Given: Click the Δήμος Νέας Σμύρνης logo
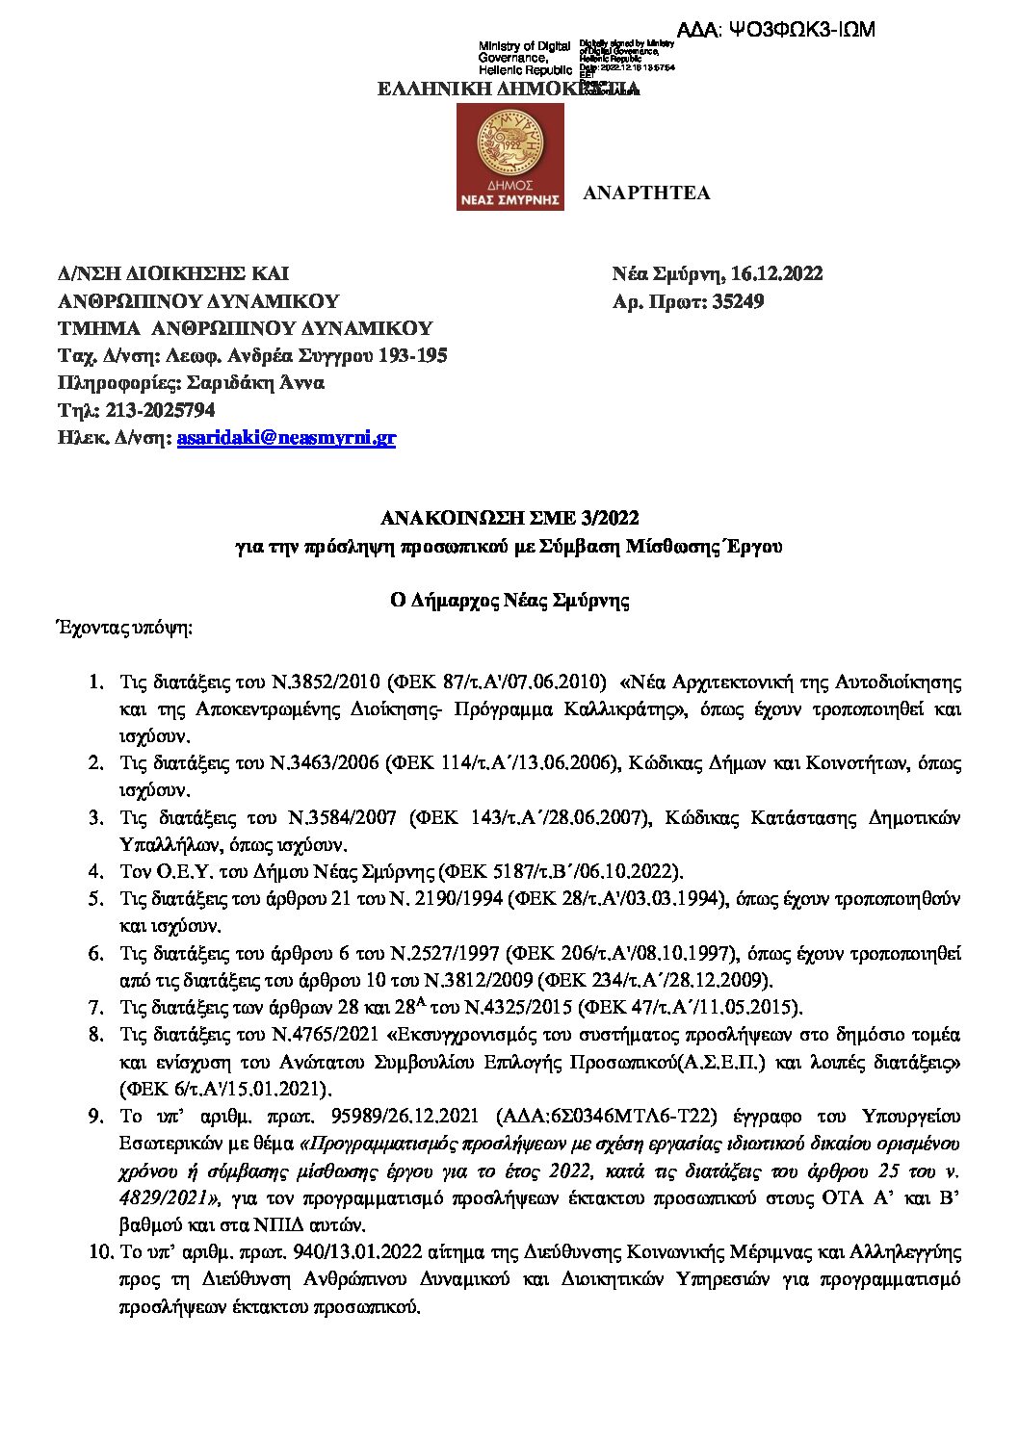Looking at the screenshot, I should click(509, 158).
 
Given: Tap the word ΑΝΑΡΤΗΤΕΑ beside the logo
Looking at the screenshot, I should click(646, 193).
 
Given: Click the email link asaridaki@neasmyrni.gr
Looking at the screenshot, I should click(286, 439).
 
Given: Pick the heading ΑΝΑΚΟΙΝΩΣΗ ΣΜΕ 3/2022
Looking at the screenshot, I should click(509, 519).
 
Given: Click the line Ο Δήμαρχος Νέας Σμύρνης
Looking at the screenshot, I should click(509, 602).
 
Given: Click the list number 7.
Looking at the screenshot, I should click(95, 1008).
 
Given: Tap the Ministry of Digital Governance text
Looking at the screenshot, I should click(525, 58).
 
